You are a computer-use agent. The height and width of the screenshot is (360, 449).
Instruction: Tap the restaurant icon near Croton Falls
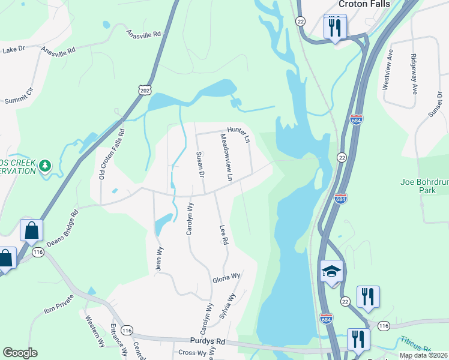point(334,27)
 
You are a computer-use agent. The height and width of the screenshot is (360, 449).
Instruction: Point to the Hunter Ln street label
point(238,133)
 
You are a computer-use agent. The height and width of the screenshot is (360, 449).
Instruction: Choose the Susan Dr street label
point(200,164)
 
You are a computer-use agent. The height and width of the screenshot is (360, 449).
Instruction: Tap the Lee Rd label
point(224,234)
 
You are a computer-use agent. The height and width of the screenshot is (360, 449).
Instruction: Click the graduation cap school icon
point(331,272)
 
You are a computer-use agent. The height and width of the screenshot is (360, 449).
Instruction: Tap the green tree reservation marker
point(45,165)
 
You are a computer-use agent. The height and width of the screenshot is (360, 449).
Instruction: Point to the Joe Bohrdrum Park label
point(424,185)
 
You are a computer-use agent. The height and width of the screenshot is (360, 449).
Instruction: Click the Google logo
point(20,352)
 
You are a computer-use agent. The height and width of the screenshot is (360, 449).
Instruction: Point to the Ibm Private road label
point(59,304)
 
